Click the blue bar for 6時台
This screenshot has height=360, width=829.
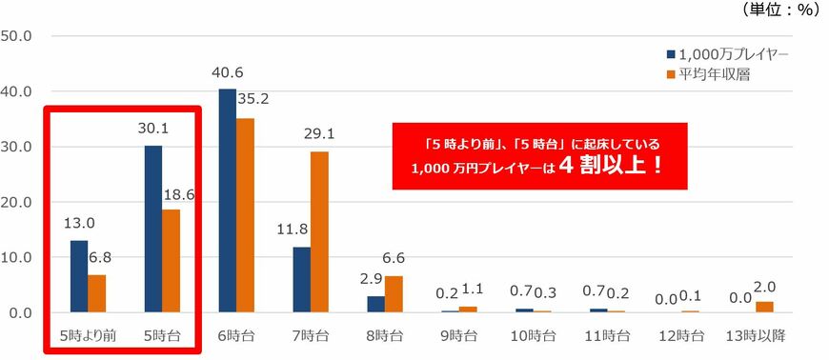tap(228, 200)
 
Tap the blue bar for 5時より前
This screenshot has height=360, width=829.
tap(78, 276)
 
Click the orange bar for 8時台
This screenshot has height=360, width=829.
tap(394, 294)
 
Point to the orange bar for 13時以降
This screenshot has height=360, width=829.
tap(764, 307)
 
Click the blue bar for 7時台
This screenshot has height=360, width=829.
tap(302, 279)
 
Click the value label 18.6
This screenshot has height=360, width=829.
tap(178, 193)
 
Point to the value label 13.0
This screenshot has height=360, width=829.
tap(77, 224)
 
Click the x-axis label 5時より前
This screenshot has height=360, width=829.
tap(87, 336)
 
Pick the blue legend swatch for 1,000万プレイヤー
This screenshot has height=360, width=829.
tap(671, 54)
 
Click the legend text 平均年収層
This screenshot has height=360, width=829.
tap(718, 73)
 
